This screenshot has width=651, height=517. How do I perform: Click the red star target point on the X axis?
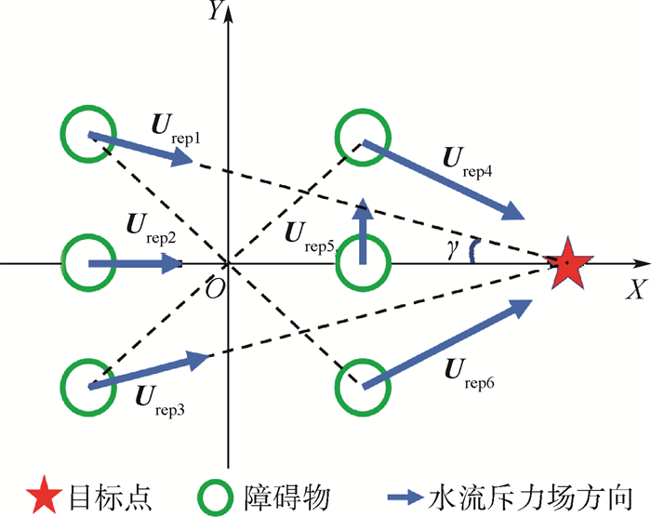[566, 264]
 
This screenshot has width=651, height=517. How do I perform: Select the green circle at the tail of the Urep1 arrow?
[89, 134]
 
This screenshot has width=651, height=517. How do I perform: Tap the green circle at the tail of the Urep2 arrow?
[89, 264]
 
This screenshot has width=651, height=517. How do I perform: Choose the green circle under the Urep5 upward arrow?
[362, 264]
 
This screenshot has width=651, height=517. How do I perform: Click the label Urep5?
[312, 230]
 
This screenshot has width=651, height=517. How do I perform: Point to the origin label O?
[214, 287]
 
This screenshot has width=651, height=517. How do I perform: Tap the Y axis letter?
[217, 13]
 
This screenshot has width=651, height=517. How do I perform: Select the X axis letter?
[635, 289]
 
